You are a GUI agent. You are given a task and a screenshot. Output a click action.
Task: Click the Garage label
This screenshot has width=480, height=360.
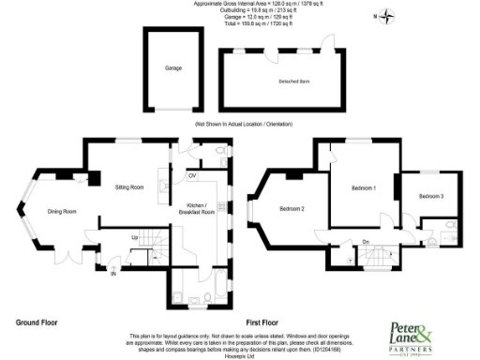point(173,68)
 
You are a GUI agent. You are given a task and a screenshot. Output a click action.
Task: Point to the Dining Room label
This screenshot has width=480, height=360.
point(62,211)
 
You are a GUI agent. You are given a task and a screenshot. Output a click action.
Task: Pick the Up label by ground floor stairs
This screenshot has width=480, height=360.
point(134,237)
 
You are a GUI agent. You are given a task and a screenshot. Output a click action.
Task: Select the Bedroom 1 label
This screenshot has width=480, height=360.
point(363,188)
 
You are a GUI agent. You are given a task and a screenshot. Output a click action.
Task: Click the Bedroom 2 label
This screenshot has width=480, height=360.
point(291,208)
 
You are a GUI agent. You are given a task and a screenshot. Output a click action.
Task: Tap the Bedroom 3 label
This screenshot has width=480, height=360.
point(430,196)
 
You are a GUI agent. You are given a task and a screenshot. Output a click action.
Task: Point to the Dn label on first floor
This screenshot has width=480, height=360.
point(366,243)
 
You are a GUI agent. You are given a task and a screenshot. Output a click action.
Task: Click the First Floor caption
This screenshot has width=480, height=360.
point(271,322)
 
